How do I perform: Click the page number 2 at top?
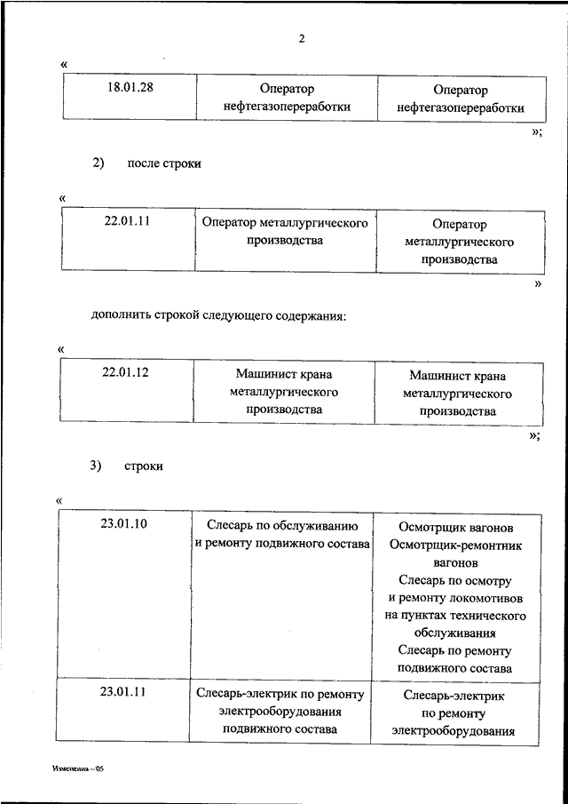point(302,37)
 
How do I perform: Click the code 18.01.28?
point(128,88)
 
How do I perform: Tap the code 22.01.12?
point(125,372)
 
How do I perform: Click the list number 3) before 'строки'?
point(98,466)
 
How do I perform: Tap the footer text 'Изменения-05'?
point(78,769)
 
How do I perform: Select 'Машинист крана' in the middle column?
point(283,375)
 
